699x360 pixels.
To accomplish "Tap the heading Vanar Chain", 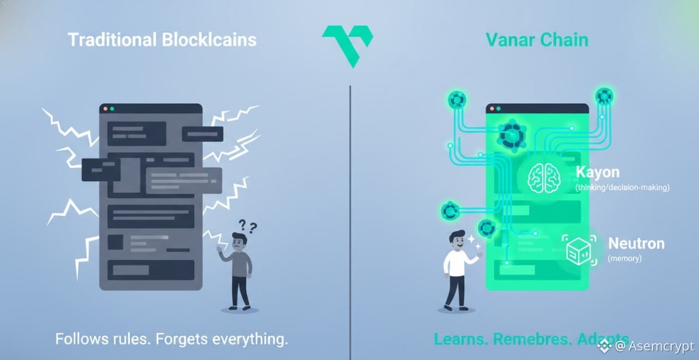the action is coord(537,40).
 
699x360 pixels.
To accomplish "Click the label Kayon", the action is coord(597,173).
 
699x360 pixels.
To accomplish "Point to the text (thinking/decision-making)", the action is coord(623,188).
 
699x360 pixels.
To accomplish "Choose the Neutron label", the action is coord(636,243).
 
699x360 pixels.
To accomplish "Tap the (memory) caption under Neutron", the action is coord(625,258).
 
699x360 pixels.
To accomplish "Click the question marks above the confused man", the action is coord(247,226).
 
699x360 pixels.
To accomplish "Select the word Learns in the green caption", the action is coord(460,339).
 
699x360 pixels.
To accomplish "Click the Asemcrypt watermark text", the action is coord(662,346).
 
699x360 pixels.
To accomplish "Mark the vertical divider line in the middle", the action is coord(350,219).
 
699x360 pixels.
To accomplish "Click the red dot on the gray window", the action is coord(104,109).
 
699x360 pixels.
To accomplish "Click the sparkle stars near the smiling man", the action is coord(473,242).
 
